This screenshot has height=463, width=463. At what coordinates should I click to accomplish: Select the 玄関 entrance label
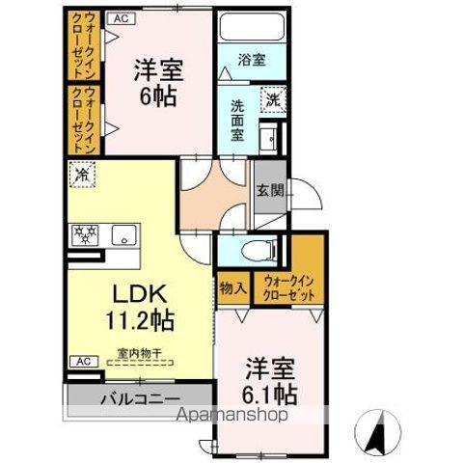click(x=269, y=190)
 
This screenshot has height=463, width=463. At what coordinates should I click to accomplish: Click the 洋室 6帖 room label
click(x=160, y=82)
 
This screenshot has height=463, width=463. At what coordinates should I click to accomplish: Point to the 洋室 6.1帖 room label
click(x=270, y=381)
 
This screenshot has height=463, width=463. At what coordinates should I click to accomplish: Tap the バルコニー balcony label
click(x=137, y=397)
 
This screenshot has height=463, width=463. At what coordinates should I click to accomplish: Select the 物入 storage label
click(x=232, y=287)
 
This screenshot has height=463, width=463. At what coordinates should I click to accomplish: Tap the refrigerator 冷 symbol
click(x=82, y=177)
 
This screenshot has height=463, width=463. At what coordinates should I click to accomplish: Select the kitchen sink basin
click(x=123, y=234)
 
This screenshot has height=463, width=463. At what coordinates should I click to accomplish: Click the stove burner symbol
click(x=83, y=233)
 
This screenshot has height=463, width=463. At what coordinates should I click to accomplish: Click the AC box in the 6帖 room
click(x=121, y=17)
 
